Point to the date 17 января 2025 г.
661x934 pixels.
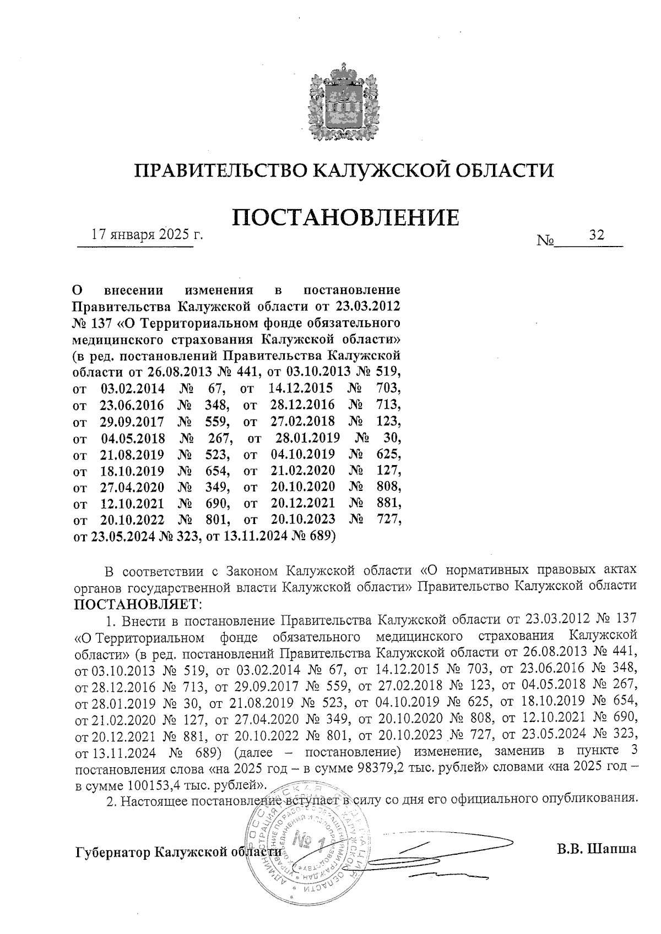coord(147,235)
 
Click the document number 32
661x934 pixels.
coord(597,235)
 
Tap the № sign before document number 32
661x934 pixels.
coord(545,240)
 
